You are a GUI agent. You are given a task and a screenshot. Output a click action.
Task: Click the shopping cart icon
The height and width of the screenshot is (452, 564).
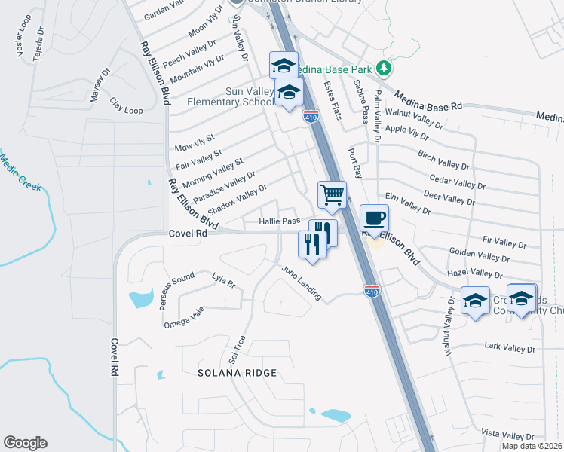332,195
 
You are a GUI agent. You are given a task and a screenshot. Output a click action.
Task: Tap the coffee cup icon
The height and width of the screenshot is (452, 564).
374,218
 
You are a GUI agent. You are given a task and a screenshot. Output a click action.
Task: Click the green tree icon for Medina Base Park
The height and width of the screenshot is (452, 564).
385,68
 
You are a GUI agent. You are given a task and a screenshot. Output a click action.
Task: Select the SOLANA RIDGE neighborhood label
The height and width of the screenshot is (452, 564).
238,373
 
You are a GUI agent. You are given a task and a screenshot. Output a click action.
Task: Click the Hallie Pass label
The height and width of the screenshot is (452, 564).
280,221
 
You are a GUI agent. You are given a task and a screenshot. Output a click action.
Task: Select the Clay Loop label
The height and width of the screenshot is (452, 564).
126,105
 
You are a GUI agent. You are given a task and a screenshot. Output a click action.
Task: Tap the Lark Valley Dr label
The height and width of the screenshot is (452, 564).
509,349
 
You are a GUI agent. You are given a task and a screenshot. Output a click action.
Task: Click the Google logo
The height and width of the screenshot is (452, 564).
25,443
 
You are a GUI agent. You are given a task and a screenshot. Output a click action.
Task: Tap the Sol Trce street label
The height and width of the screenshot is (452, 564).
237,349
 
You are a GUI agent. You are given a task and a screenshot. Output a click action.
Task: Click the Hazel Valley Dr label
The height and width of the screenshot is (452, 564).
475,273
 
